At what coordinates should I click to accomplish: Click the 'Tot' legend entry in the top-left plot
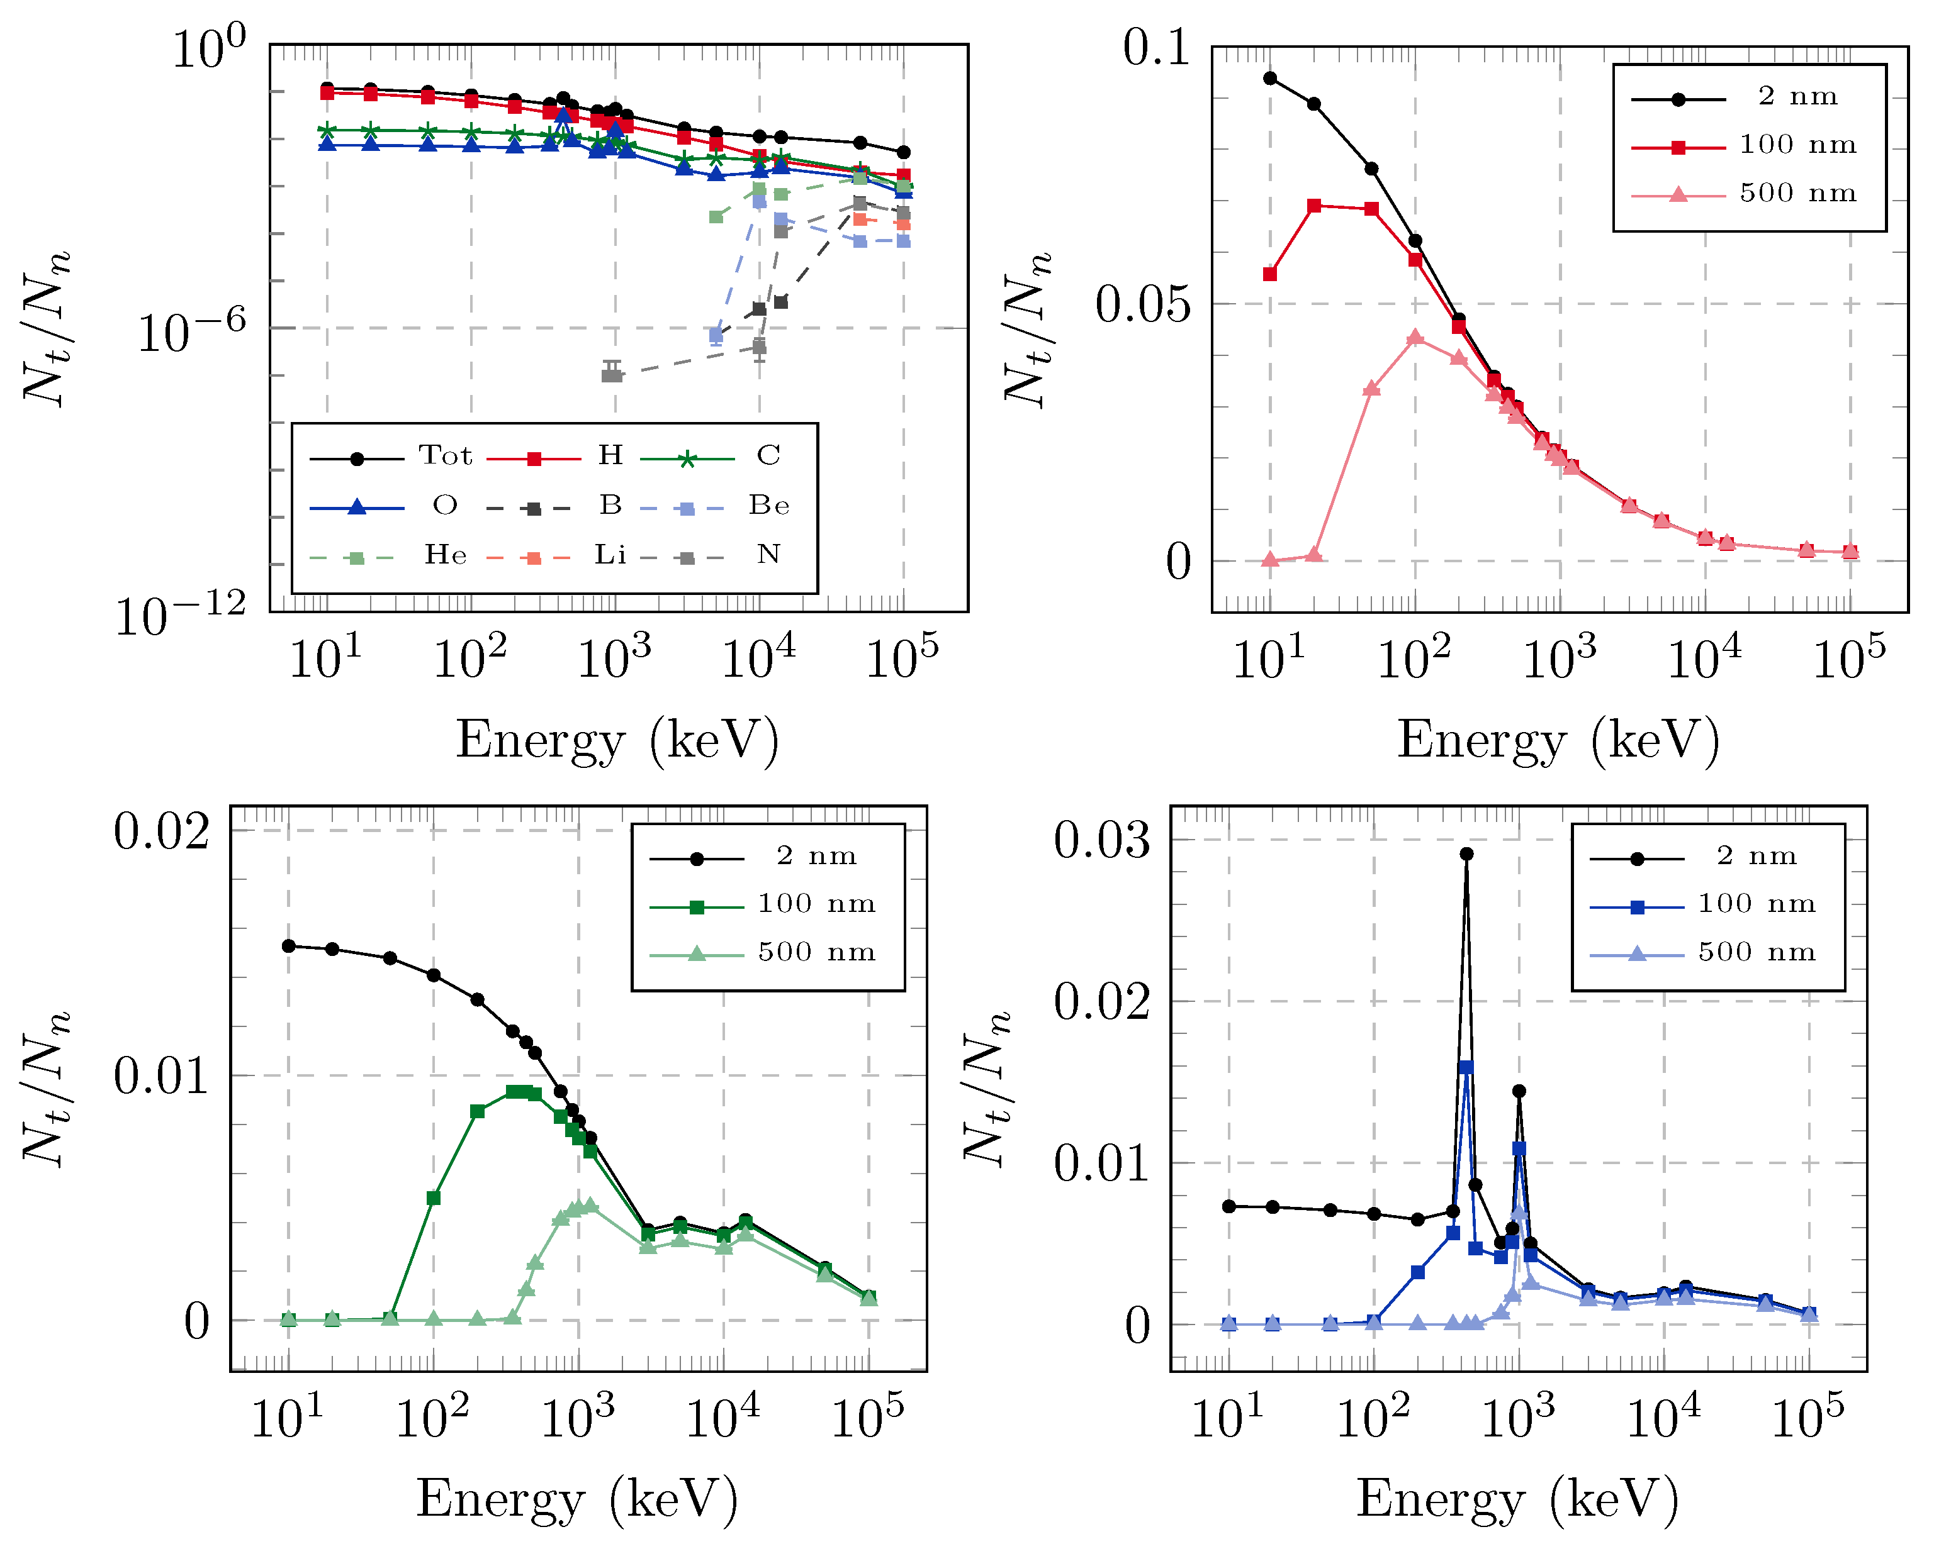[x=445, y=457]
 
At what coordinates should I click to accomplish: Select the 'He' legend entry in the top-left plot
[x=445, y=556]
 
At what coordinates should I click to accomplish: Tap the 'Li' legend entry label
[x=610, y=556]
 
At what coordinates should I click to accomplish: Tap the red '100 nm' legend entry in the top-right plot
[x=1797, y=145]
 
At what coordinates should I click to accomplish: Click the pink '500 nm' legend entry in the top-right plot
[x=1797, y=194]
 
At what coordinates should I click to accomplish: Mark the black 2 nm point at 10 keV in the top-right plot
[x=1270, y=78]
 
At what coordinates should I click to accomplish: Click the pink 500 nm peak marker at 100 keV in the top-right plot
[x=1415, y=337]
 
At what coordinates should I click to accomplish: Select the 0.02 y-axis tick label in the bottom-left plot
[x=162, y=831]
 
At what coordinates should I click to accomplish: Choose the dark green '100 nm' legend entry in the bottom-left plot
[x=816, y=904]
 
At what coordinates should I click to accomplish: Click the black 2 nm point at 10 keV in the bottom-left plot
[x=289, y=946]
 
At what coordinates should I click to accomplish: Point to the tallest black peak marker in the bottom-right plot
[x=1466, y=853]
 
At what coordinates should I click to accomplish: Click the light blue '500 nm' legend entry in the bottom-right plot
[x=1757, y=952]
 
